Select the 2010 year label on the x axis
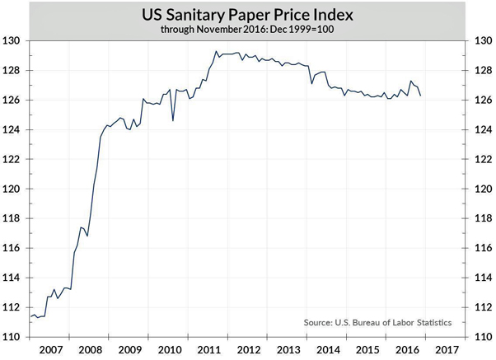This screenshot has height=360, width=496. [171, 350]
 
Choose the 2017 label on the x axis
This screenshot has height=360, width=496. [448, 350]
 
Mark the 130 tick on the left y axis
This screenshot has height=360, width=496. [12, 40]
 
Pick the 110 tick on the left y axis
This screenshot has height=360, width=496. [12, 336]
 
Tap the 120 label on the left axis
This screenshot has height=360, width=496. [12, 189]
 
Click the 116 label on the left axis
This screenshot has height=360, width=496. [12, 248]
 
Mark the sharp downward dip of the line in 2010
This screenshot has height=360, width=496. [173, 120]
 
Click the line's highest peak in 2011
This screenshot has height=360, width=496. [216, 52]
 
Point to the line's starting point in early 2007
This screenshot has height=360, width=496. [30, 317]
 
